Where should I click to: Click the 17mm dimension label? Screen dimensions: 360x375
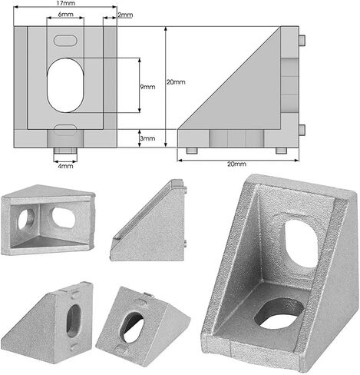(x=65, y=4)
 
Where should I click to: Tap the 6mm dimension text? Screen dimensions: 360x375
(x=65, y=15)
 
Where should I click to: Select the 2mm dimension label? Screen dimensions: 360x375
(x=125, y=15)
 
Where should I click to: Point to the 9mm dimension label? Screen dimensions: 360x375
(x=147, y=87)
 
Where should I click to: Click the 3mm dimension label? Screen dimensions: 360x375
(x=147, y=138)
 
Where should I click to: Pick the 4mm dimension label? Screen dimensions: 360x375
(x=65, y=166)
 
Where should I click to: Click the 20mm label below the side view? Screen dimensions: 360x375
(x=236, y=164)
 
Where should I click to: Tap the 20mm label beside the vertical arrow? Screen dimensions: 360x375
(x=176, y=82)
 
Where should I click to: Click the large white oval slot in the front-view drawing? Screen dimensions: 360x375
(x=65, y=85)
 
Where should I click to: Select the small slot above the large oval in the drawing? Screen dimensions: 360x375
(x=65, y=41)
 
